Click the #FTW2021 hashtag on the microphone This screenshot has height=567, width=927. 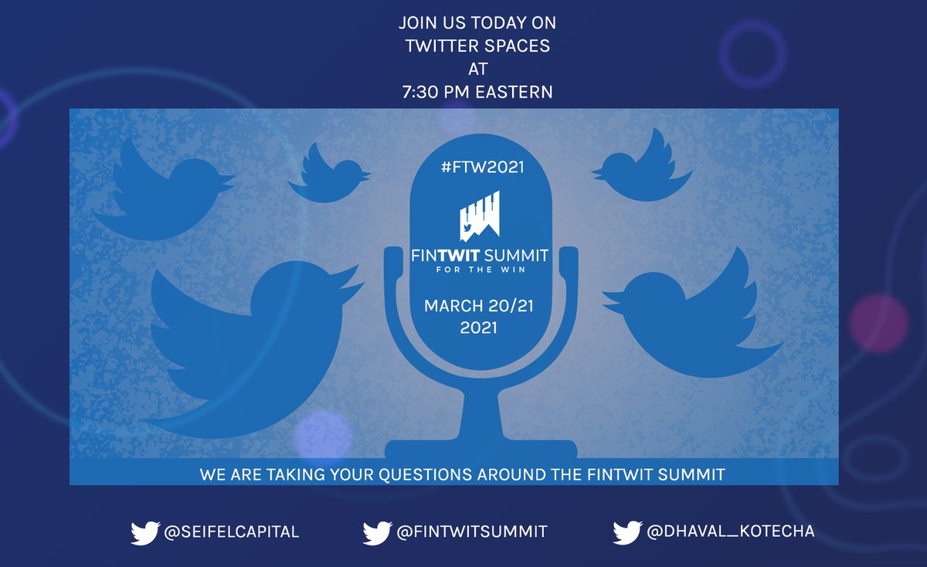[x=479, y=168]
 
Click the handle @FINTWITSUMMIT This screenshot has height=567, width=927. [x=473, y=531]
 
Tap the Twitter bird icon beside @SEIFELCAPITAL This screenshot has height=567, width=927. [x=145, y=532]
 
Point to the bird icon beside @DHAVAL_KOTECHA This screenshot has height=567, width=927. [x=627, y=532]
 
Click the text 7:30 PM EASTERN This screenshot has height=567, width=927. [x=477, y=92]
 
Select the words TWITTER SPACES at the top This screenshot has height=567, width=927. [x=477, y=46]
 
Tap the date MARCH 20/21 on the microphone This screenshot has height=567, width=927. [x=478, y=306]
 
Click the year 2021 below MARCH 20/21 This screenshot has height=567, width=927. [x=478, y=328]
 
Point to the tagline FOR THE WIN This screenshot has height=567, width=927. [x=478, y=270]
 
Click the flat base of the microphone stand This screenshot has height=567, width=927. [x=480, y=449]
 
